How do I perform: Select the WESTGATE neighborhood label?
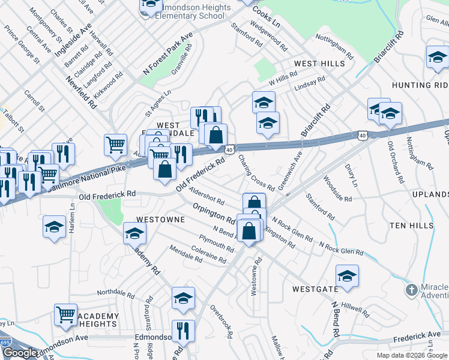[316, 289]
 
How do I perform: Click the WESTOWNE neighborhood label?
[160, 220]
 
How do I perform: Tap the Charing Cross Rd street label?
[256, 173]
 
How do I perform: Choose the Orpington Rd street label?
[214, 212]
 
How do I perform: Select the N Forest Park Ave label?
[167, 54]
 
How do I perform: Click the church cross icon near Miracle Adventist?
[411, 291]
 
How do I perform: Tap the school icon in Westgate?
[347, 276]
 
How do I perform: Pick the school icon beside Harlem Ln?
[54, 227]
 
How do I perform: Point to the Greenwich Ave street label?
[291, 166]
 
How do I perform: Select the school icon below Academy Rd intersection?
[183, 298]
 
